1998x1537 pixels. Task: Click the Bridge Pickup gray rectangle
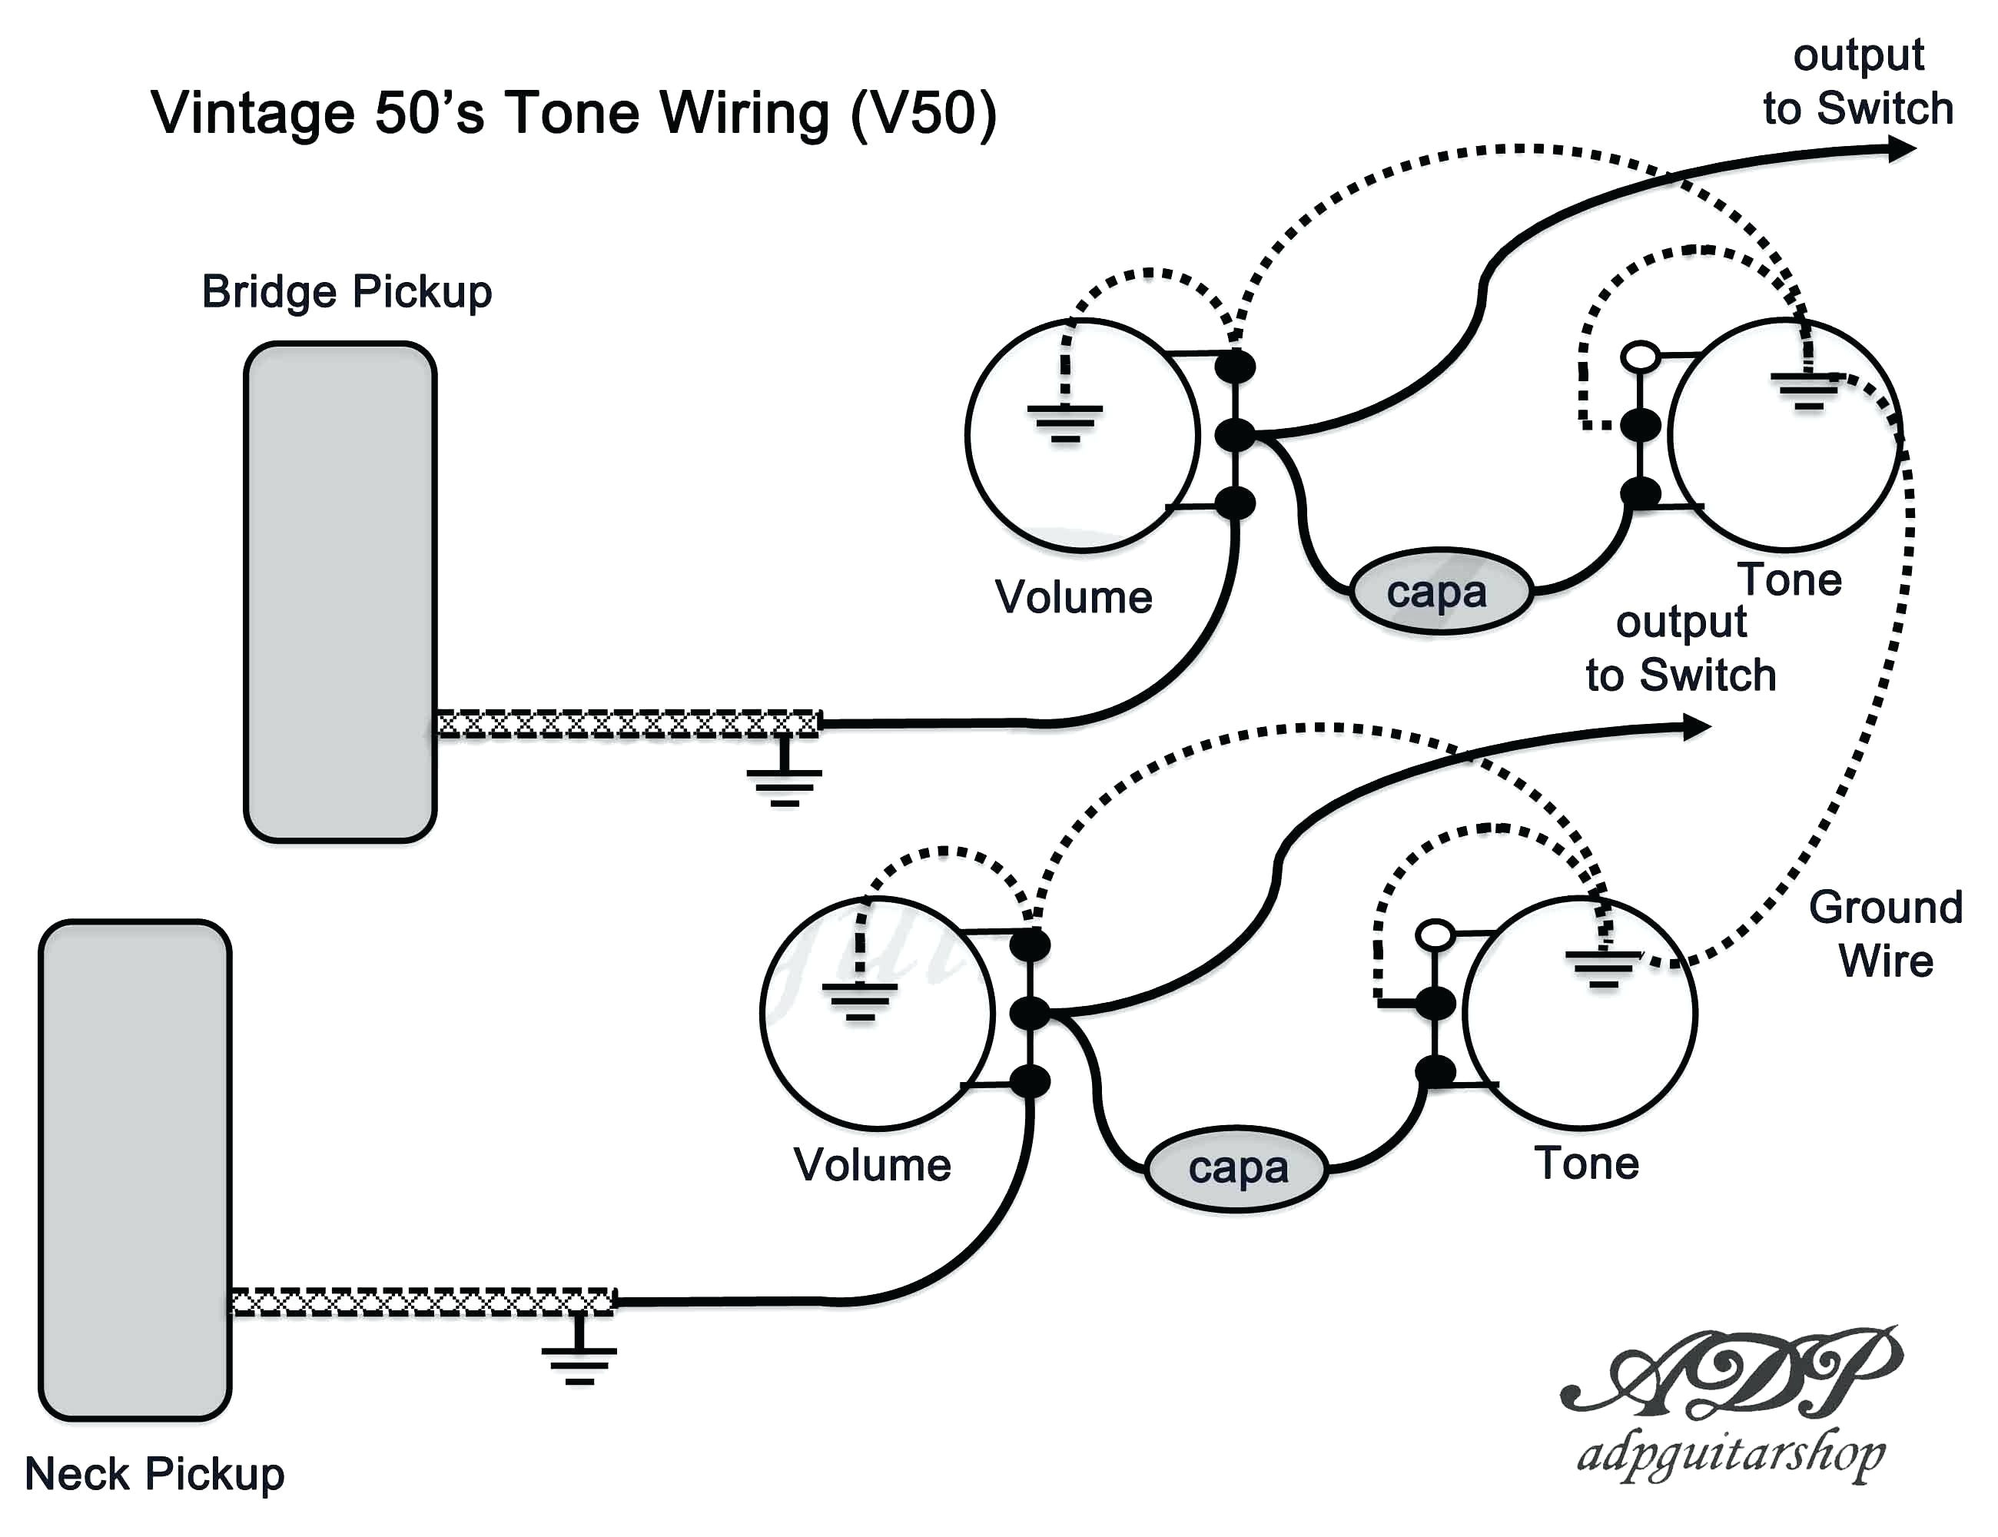point(340,592)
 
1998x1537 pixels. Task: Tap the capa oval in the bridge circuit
point(1440,592)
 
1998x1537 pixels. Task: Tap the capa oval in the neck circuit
point(1236,1169)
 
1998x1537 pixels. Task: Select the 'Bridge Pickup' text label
point(347,292)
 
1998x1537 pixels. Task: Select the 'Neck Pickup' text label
point(154,1474)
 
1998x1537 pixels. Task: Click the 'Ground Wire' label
point(1886,934)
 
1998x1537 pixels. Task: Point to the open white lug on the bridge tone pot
point(1641,357)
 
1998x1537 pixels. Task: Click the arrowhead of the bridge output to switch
point(1902,148)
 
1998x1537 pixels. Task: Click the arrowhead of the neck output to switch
point(1697,727)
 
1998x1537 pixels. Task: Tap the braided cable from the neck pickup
point(423,1301)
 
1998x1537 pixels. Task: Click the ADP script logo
point(1729,1373)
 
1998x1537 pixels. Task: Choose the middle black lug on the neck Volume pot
point(1030,1013)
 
